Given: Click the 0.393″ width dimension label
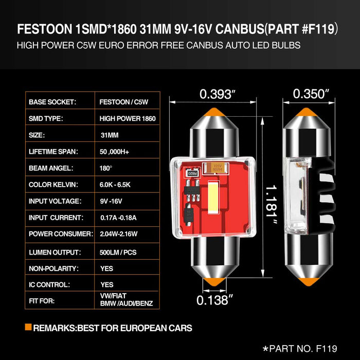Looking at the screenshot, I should (x=218, y=94).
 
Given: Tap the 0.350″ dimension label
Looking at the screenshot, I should (x=311, y=94).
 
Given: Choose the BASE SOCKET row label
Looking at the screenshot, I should (x=52, y=102).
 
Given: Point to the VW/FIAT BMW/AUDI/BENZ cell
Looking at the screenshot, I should (x=127, y=300).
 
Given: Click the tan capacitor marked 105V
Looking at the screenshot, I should (x=218, y=167).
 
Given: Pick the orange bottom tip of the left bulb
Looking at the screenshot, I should (x=214, y=282).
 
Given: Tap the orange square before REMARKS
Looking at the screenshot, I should (x=28, y=327).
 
